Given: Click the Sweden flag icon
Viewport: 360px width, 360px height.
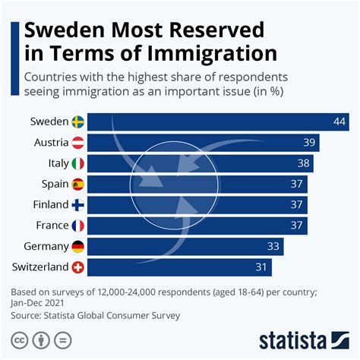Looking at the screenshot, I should coord(78,122).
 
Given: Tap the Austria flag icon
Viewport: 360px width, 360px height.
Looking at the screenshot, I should coord(78,142).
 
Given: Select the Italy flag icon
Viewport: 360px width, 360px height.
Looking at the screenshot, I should coord(78,163).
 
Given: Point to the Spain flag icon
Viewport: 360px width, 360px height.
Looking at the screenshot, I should coord(78,184).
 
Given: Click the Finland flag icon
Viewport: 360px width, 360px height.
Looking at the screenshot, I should coord(78,204).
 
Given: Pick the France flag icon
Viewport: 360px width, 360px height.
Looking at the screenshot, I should coord(78,225).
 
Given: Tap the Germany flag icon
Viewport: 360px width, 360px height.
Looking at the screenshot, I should coord(78,246).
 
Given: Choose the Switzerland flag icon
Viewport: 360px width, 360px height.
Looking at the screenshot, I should coord(78,267).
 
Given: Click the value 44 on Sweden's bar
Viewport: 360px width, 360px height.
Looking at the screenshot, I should coord(339,122).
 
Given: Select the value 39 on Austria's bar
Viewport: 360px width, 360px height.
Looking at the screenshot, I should coord(309,142).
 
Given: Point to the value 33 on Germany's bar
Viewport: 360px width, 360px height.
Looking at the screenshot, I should coord(273,246).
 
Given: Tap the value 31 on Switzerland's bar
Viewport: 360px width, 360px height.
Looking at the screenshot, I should coord(261,267).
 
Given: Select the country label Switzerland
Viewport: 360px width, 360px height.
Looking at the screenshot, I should coord(39,267).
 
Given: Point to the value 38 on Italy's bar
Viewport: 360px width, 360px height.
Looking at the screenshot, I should coord(303,163).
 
